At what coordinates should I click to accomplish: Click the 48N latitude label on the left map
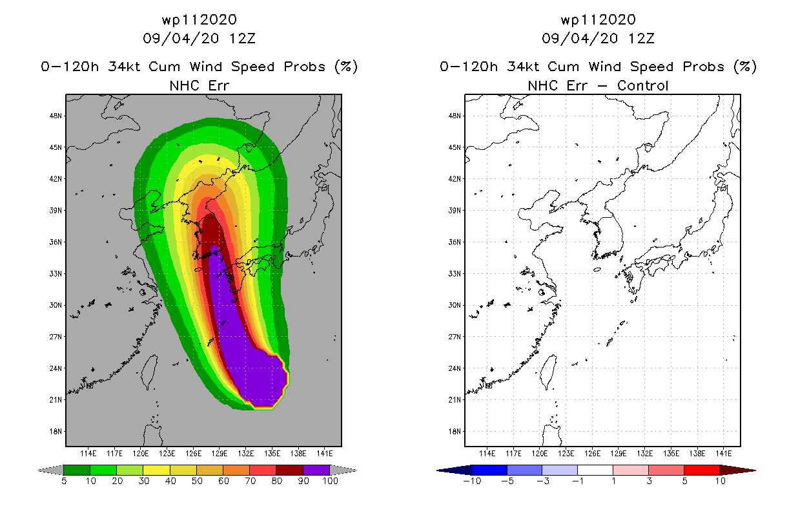pyautogui.click(x=56, y=116)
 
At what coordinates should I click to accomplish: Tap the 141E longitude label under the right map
pyautogui.click(x=724, y=454)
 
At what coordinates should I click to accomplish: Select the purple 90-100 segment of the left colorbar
pyautogui.click(x=316, y=470)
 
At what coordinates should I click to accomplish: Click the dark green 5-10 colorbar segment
pyautogui.click(x=77, y=470)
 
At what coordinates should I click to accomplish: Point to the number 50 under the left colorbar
pyautogui.click(x=197, y=481)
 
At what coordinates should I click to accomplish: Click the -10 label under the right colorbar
pyautogui.click(x=472, y=481)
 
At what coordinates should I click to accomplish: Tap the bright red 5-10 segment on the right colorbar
pyautogui.click(x=702, y=470)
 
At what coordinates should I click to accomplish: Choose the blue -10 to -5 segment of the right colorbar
pyautogui.click(x=489, y=470)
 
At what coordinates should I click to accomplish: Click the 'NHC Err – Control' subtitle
pyautogui.click(x=598, y=85)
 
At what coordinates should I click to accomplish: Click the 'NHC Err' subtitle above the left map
pyautogui.click(x=199, y=85)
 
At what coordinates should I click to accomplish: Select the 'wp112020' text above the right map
pyautogui.click(x=598, y=19)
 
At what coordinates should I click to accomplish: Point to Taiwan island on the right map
pyautogui.click(x=549, y=372)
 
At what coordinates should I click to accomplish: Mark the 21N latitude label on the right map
pyautogui.click(x=455, y=399)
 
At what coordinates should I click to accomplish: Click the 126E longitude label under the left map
pyautogui.click(x=194, y=454)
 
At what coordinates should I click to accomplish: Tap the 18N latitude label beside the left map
pyautogui.click(x=56, y=432)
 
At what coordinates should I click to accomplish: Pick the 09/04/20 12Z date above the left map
pyautogui.click(x=199, y=38)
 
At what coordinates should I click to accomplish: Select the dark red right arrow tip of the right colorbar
pyautogui.click(x=755, y=470)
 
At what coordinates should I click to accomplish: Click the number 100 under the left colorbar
pyautogui.click(x=330, y=481)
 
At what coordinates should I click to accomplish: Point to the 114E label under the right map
pyautogui.click(x=487, y=454)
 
